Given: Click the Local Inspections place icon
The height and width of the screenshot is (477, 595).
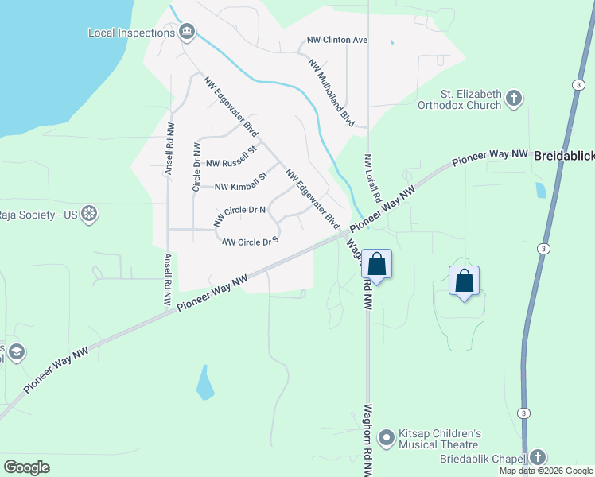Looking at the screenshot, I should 187,33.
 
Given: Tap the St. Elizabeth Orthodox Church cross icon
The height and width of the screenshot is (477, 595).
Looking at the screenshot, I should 514,99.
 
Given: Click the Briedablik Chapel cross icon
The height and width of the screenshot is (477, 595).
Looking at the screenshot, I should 538,458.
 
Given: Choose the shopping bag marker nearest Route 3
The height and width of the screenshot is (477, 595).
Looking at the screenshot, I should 465,281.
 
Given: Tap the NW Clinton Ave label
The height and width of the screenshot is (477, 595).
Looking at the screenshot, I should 337,40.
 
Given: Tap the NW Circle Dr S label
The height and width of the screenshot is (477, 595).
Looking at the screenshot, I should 251,241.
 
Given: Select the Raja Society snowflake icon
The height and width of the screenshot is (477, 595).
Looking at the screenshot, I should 91,215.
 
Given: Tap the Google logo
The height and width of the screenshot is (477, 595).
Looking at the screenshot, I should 26,467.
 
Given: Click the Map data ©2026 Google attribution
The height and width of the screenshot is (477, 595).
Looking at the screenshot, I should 546,471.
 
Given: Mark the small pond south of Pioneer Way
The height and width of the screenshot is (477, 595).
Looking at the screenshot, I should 205,383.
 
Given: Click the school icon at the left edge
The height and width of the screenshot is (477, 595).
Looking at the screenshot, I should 16,352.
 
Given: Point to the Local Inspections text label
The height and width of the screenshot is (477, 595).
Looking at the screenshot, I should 131,33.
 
